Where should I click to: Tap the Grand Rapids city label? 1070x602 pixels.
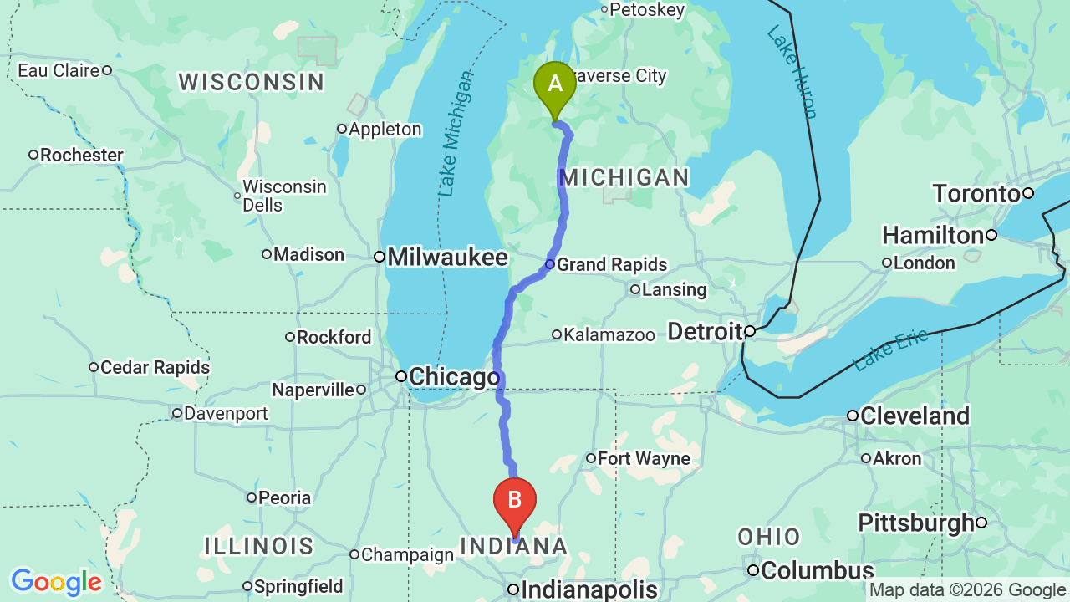click(x=612, y=265)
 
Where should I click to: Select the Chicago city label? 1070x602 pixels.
click(x=454, y=377)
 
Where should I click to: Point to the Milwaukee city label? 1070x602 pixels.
click(x=448, y=257)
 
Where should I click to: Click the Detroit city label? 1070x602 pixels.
click(x=705, y=332)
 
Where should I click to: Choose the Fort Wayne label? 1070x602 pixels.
click(x=644, y=458)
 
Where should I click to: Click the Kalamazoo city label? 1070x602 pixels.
click(x=609, y=335)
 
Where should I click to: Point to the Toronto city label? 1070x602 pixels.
click(x=976, y=194)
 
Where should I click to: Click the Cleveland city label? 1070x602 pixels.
click(x=915, y=416)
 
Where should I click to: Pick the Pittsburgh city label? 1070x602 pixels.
click(x=915, y=523)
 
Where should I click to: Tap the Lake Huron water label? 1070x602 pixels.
click(x=792, y=71)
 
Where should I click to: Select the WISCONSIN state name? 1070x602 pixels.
click(x=251, y=82)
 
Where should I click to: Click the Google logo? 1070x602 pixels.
click(x=56, y=582)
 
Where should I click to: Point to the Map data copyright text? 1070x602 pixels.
click(x=967, y=590)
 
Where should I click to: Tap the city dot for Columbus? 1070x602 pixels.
click(x=753, y=571)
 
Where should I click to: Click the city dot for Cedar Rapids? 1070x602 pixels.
click(x=94, y=367)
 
